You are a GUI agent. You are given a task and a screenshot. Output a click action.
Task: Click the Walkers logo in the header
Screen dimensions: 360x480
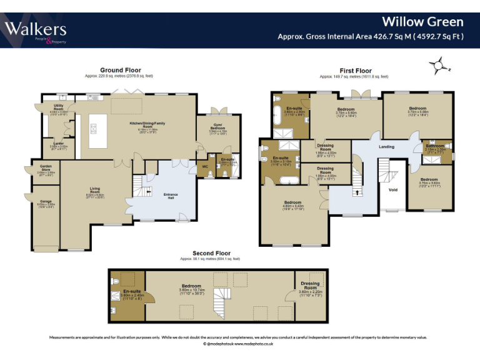36,30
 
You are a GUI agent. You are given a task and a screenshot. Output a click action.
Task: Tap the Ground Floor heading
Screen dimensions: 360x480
121,70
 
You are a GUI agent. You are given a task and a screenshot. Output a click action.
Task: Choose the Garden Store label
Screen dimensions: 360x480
47,168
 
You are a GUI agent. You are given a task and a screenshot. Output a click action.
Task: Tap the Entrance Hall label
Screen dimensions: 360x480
171,195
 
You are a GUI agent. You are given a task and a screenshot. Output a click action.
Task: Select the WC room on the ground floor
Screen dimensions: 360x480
204,167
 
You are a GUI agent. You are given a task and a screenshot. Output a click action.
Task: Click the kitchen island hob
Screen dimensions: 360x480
94,130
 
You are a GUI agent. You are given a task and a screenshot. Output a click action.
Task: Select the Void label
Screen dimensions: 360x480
393,189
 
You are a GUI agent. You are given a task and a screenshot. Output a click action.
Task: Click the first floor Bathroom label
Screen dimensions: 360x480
435,146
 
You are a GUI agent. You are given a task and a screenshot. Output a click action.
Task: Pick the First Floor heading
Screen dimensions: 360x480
355,71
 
